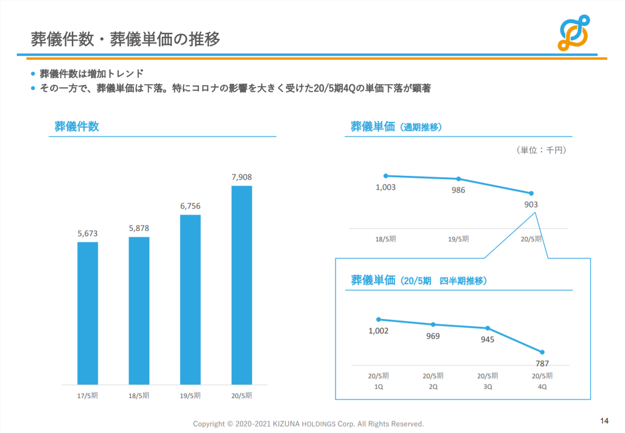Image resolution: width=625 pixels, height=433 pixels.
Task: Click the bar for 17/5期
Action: [87, 313]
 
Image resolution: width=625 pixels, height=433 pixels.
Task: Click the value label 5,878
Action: [139, 228]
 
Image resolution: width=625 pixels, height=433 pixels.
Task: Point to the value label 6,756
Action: [190, 206]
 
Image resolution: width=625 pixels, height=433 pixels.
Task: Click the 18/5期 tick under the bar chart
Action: [139, 395]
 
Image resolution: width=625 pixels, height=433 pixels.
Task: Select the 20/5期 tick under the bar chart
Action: [242, 395]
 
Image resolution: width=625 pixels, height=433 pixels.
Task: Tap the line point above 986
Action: [458, 179]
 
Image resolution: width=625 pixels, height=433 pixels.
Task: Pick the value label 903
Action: [531, 205]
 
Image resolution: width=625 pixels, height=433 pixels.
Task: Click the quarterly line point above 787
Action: [542, 352]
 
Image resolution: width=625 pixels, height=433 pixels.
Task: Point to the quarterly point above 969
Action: [433, 325]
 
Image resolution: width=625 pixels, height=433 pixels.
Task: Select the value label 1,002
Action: [378, 331]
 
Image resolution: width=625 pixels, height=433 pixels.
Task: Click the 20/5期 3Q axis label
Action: [488, 381]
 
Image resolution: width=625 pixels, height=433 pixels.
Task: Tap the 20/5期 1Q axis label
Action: [378, 381]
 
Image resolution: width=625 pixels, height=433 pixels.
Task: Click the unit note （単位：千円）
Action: [541, 150]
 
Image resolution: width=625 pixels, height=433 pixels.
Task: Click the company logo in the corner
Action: [574, 32]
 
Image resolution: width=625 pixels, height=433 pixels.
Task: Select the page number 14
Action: [604, 421]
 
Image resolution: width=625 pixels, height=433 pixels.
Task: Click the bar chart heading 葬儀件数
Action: [77, 126]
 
